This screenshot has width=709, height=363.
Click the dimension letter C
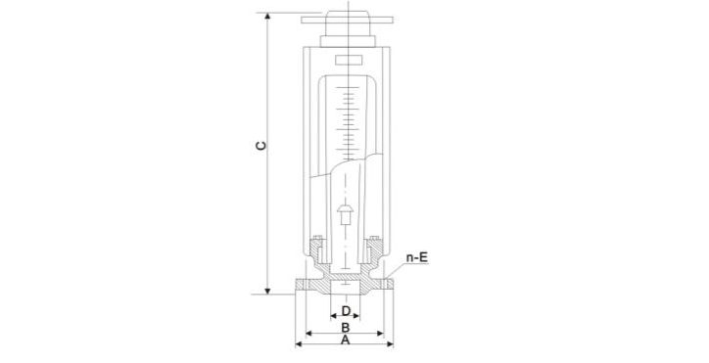(261, 146)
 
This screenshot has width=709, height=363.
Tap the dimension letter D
(346, 311)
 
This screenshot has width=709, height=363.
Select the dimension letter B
(345, 328)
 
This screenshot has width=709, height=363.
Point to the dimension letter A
(345, 340)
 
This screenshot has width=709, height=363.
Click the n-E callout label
(417, 257)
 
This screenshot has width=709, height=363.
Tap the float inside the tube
(346, 214)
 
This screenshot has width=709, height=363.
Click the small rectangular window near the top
(349, 60)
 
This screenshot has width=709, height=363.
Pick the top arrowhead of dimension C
(267, 16)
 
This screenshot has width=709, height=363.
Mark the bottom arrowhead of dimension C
(267, 292)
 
